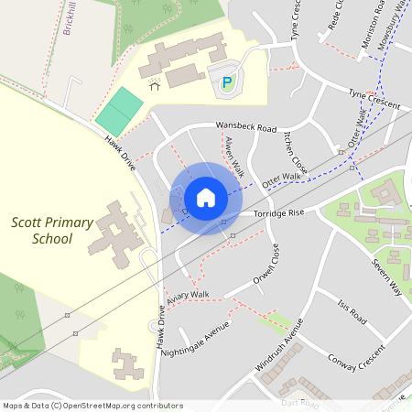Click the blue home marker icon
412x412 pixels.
(206, 198)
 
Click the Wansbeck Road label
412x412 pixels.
(245, 127)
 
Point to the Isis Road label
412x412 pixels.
(352, 312)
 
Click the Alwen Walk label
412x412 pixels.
(233, 155)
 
